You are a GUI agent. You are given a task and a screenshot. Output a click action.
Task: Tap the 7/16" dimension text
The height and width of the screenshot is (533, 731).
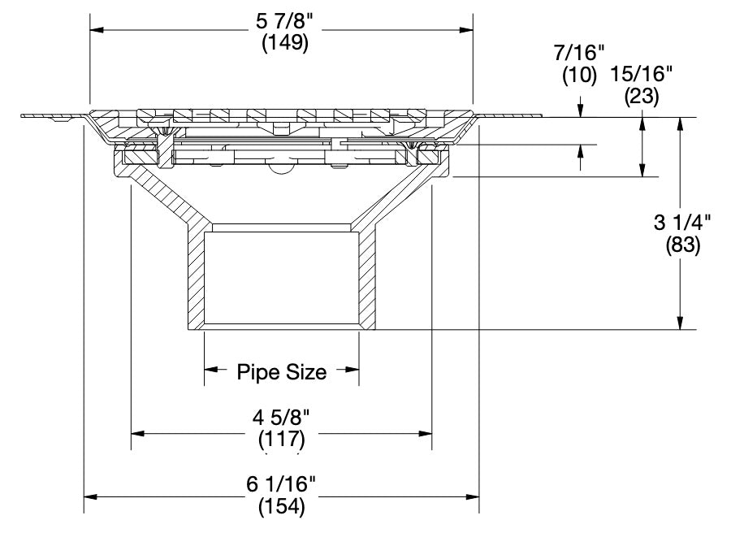tap(578, 54)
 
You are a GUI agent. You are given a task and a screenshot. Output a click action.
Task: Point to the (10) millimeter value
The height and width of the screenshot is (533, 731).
tap(580, 76)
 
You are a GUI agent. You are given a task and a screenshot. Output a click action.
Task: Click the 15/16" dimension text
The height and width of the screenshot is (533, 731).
tap(642, 74)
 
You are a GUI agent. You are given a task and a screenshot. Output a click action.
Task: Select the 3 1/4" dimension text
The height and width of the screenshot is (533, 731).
tap(682, 222)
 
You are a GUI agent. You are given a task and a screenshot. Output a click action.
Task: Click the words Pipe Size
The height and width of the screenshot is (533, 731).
tap(281, 372)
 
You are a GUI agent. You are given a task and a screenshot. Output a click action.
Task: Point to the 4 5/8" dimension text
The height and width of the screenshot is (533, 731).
tap(281, 420)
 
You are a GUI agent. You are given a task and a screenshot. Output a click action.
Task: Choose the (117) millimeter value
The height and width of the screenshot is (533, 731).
tap(281, 440)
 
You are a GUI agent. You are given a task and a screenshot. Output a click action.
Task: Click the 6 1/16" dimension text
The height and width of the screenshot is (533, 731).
tap(281, 485)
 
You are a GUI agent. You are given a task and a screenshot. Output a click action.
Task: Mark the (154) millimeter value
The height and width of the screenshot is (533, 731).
tap(281, 507)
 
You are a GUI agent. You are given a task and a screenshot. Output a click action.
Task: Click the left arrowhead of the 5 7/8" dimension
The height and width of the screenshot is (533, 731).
tap(96, 31)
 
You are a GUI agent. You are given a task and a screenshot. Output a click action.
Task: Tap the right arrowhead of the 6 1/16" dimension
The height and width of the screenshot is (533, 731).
tap(472, 496)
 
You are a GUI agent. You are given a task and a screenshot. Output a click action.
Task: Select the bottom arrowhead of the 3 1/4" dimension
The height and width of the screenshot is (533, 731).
tap(680, 323)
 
